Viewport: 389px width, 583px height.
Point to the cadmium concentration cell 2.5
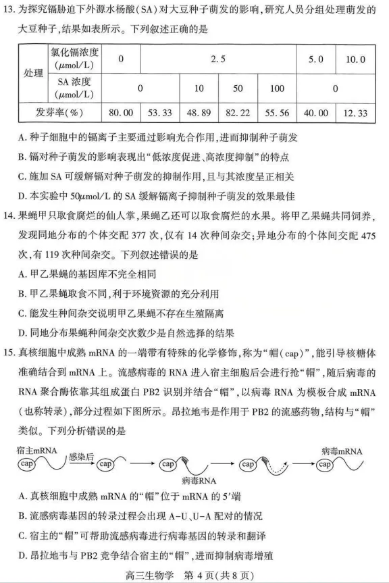(218, 59)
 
